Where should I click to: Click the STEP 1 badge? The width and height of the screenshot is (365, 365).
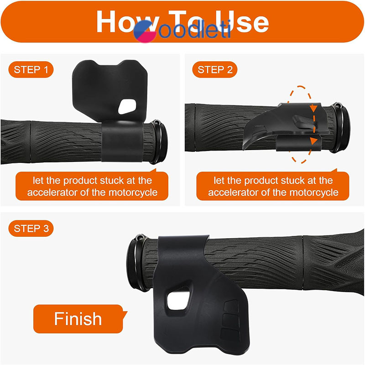[x=31, y=69]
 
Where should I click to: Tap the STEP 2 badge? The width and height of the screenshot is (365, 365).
[x=215, y=69]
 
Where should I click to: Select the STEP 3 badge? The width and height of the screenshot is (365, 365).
[x=31, y=229]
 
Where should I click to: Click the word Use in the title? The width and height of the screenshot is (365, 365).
[x=242, y=21]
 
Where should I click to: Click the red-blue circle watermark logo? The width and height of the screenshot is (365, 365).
[x=145, y=31]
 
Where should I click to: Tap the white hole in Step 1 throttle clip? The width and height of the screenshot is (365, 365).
[x=127, y=106]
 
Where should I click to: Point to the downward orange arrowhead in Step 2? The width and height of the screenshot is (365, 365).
[x=314, y=109]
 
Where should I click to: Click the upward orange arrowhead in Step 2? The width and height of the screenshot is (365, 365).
[x=314, y=141]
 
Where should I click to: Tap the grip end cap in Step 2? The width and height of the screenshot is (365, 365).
[x=341, y=127]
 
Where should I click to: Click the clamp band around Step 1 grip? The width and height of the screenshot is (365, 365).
[x=122, y=141]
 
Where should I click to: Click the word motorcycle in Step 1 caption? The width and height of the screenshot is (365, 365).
[x=133, y=193]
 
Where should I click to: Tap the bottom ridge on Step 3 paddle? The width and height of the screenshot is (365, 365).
[x=230, y=335]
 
